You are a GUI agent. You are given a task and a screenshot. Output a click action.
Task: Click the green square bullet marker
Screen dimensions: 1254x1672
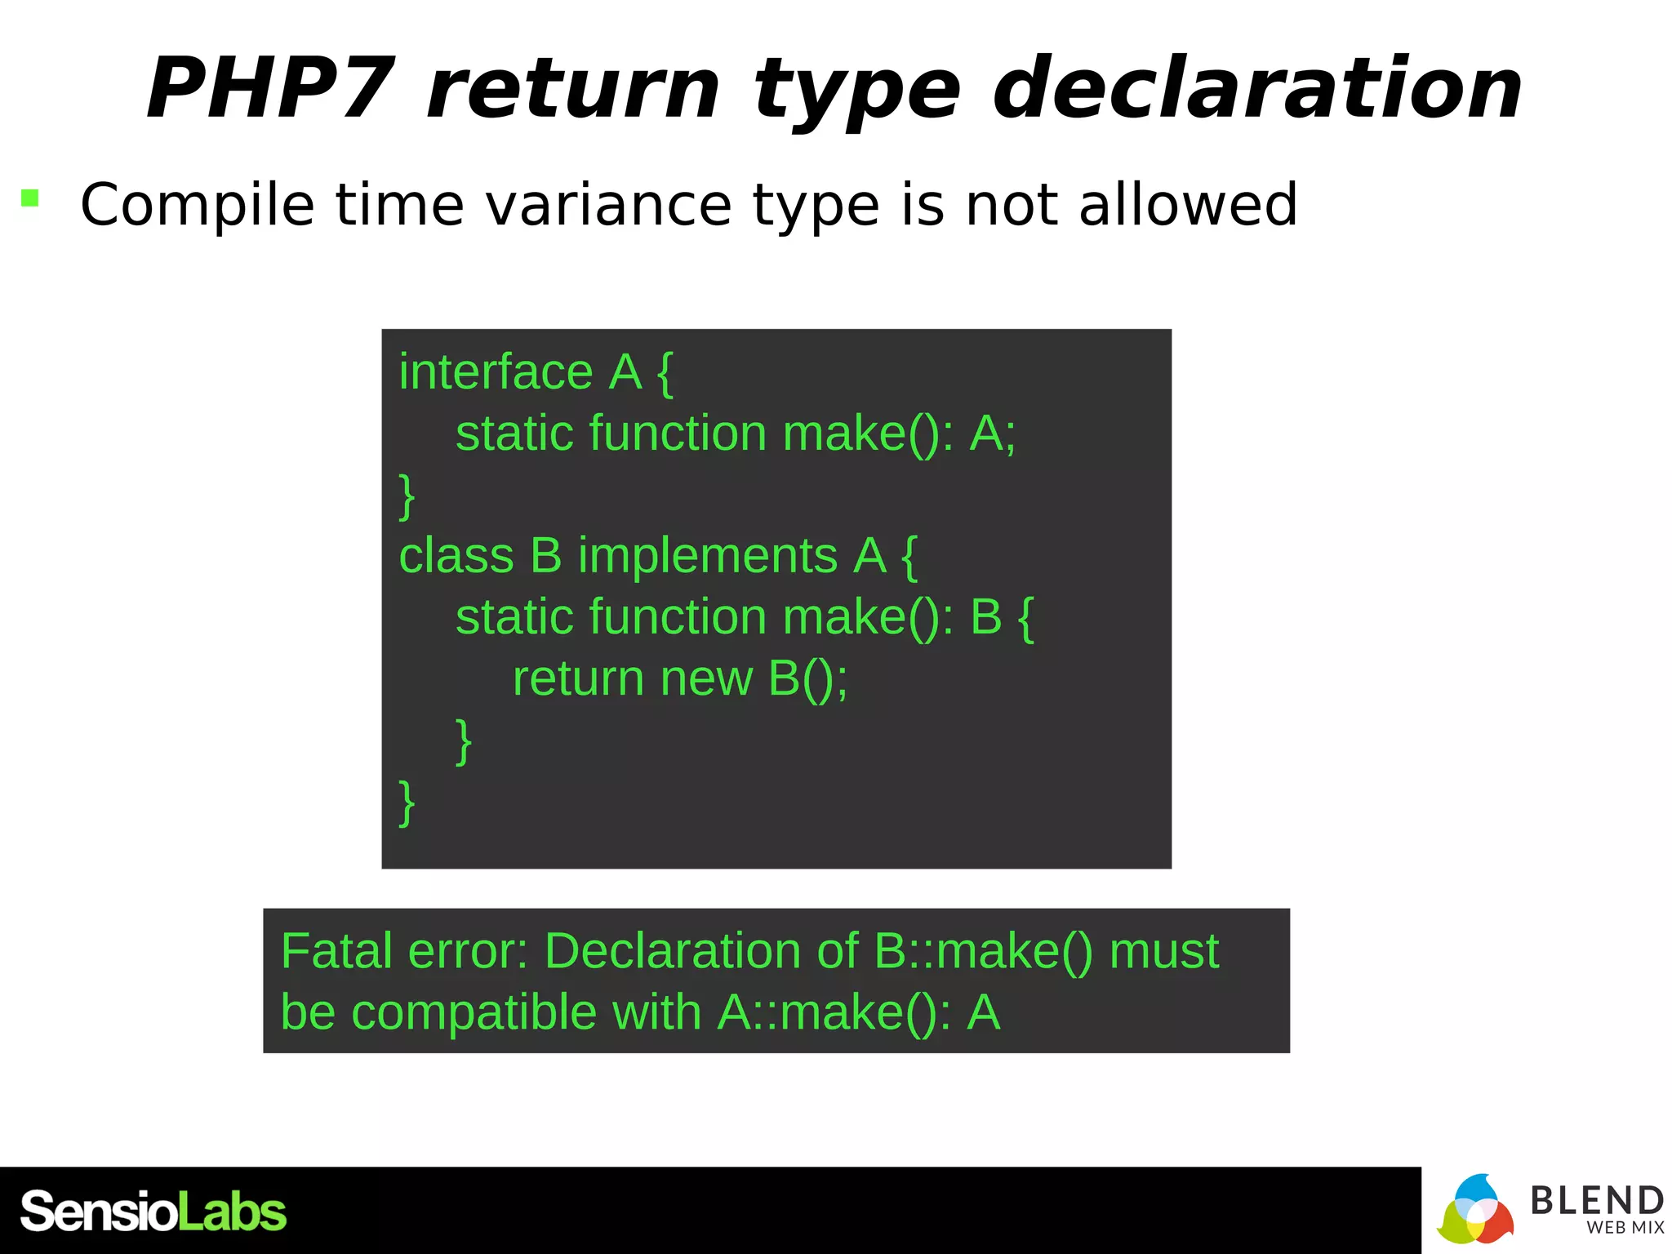coord(30,198)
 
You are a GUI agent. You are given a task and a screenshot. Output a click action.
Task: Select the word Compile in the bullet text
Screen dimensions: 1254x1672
coord(197,205)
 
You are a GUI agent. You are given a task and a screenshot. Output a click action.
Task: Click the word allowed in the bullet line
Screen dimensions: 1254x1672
coord(1188,205)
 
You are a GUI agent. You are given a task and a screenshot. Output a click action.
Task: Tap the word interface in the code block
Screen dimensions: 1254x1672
coord(496,372)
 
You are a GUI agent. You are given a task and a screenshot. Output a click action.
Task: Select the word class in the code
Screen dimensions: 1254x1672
coord(456,556)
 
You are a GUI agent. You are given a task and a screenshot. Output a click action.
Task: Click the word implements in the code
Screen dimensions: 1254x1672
coord(708,556)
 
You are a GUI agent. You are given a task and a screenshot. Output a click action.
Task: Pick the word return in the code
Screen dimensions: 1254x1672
coord(578,678)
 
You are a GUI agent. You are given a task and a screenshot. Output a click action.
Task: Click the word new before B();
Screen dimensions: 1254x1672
coord(706,678)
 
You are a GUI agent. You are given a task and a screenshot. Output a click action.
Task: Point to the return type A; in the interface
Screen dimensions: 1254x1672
coord(992,434)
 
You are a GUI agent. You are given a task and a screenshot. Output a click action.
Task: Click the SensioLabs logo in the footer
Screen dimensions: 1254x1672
coord(153,1212)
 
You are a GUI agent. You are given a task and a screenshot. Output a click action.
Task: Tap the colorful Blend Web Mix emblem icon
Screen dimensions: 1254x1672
coord(1475,1210)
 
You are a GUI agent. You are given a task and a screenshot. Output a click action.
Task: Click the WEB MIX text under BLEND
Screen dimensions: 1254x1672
coord(1625,1228)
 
